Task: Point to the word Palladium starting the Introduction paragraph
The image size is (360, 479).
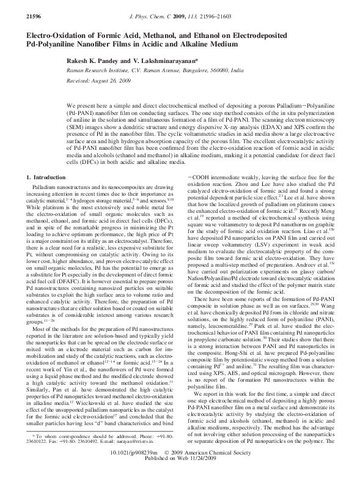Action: coord(46,185)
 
